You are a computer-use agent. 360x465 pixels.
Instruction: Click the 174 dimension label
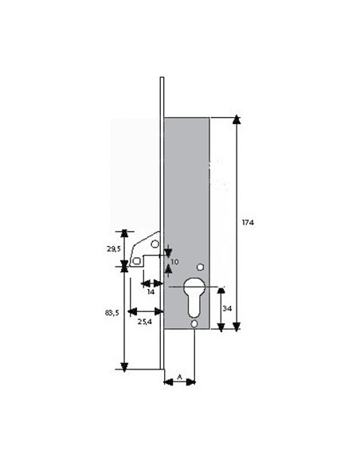tap(248, 222)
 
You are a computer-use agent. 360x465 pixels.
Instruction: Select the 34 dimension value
tap(227, 309)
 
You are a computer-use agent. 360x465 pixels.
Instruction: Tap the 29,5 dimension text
tap(114, 249)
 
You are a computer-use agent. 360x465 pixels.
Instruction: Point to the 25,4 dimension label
tap(145, 322)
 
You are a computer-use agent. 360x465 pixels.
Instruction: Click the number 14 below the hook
tap(151, 291)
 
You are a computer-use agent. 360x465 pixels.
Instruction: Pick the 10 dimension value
tap(174, 262)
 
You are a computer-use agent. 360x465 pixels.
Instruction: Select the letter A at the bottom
tap(179, 377)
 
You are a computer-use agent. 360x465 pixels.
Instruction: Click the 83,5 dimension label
tap(112, 313)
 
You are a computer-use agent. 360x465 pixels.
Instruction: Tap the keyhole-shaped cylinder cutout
tap(194, 296)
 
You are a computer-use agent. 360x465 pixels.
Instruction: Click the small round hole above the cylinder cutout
tap(201, 268)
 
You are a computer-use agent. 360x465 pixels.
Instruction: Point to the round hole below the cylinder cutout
tap(194, 324)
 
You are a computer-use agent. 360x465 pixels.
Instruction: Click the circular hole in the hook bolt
tap(155, 244)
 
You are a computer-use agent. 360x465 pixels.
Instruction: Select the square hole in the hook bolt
tap(136, 261)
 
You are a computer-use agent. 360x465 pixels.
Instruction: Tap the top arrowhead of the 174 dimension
tap(237, 119)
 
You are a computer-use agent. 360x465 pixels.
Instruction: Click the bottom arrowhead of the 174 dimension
tap(237, 326)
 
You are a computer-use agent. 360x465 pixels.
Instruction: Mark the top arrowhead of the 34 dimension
tap(221, 291)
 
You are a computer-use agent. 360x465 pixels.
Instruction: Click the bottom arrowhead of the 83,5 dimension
tap(124, 367)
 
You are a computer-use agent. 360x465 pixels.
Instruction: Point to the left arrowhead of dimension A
tap(168, 382)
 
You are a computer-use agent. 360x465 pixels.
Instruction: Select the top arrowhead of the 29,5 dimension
tap(124, 233)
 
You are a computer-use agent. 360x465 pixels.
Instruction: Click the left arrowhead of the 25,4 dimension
tap(132, 311)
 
